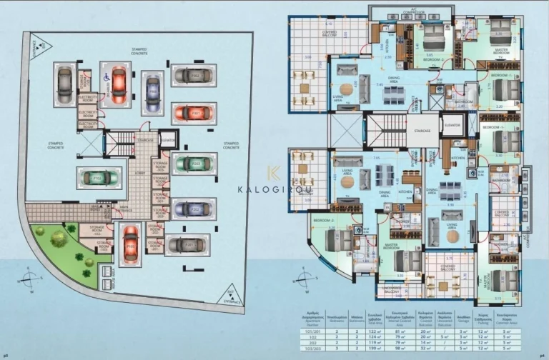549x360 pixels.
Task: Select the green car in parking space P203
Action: pos(192,164)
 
